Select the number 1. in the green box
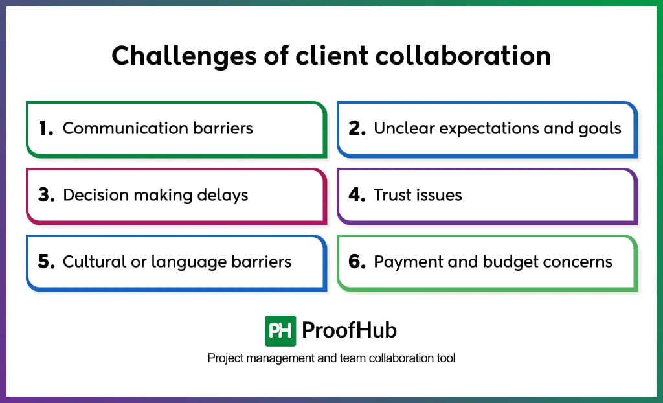click(46, 128)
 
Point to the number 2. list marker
click(357, 128)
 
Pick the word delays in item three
click(221, 195)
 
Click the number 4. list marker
click(357, 195)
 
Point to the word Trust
click(392, 195)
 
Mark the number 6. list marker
click(357, 262)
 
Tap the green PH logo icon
click(280, 330)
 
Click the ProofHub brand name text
click(350, 330)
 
